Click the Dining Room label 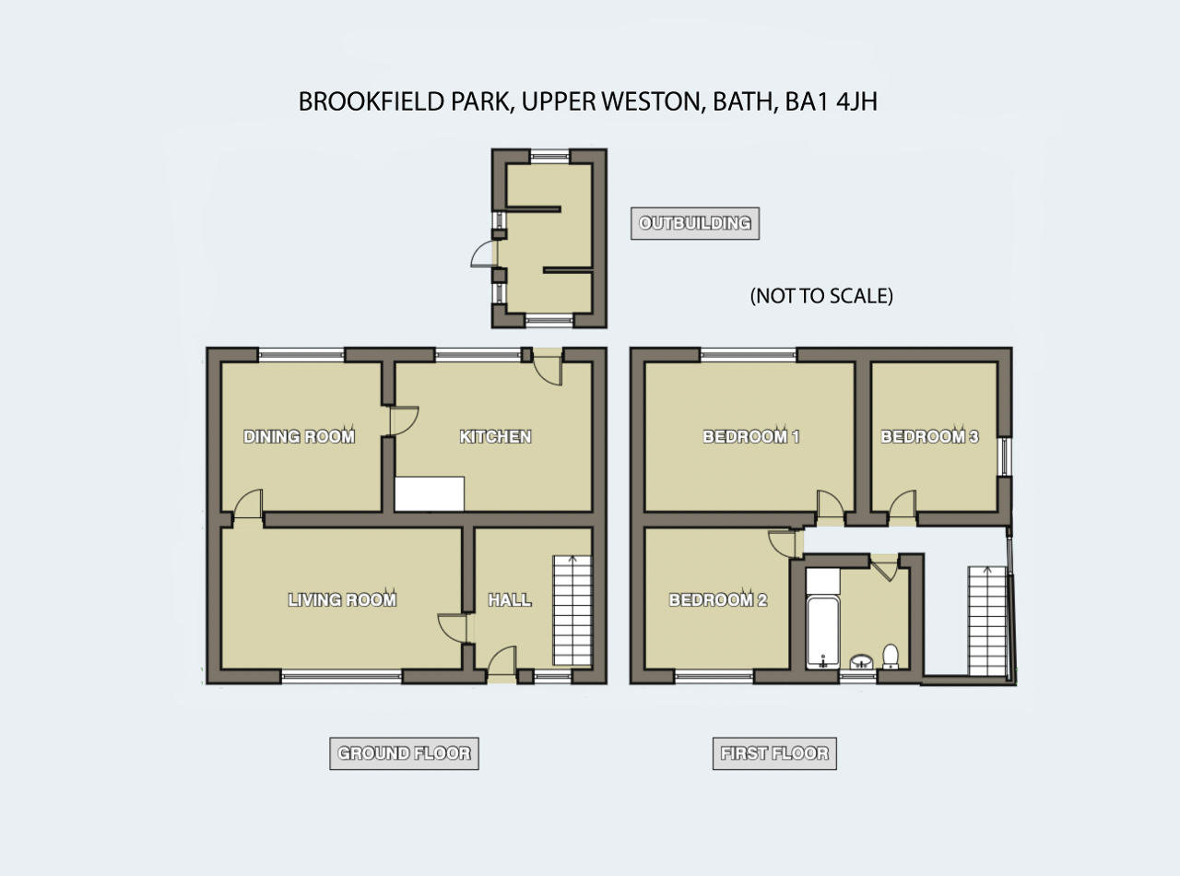299,436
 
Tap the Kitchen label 495,436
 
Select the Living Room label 342,599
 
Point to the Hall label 510,599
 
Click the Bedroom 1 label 750,436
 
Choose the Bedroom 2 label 718,599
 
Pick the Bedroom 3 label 929,436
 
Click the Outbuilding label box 695,223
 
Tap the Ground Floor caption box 404,753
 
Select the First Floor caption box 774,753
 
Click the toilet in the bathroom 891,657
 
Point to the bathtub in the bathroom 823,633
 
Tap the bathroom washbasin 861,662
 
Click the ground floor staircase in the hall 572,610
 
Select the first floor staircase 987,621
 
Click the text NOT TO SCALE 821,296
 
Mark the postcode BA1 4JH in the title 831,101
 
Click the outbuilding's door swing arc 481,254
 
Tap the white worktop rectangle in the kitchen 430,494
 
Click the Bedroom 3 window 1005,456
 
